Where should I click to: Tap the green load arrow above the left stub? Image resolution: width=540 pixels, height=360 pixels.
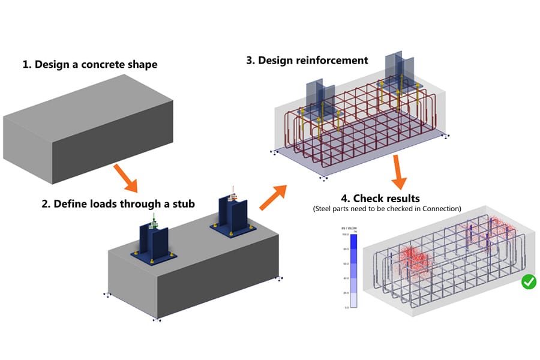(154, 218)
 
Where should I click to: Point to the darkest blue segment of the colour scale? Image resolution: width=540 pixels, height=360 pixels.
(355, 241)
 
